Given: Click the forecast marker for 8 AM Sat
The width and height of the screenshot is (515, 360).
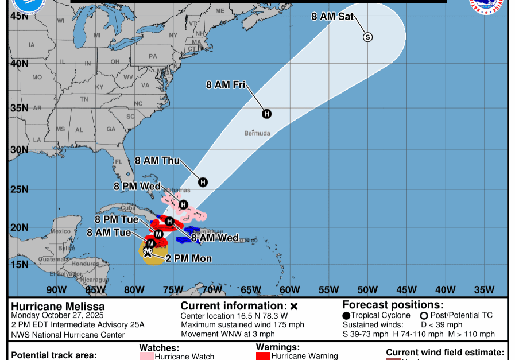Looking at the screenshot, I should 367,37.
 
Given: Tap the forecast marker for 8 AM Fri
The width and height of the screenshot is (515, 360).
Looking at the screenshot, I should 266,114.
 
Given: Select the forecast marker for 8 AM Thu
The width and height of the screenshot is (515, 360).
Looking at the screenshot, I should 203,182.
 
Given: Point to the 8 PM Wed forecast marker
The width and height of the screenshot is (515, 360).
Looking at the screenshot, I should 183,204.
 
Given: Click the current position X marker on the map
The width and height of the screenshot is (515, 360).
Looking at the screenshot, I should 148,252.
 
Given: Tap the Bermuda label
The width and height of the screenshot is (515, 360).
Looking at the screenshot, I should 257,133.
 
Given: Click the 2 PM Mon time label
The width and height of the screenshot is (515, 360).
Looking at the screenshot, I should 188,258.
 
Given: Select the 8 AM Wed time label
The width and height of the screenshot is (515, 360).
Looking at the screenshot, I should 215,237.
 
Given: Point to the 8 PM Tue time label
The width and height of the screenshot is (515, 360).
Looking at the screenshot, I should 117,219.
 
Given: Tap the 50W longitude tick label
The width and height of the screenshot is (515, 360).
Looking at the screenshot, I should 367,289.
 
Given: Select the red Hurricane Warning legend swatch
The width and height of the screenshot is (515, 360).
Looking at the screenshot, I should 263,356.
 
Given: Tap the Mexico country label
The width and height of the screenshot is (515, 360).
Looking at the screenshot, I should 60,231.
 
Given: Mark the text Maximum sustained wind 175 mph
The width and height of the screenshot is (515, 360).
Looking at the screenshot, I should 242,325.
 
